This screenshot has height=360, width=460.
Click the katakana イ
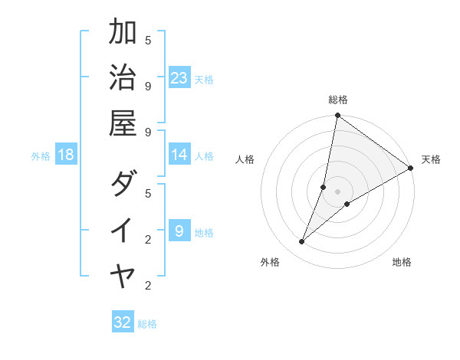(123, 230)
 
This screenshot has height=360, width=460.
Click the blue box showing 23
(179, 77)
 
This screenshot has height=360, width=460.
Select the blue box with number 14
(179, 155)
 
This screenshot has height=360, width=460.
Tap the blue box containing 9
(179, 231)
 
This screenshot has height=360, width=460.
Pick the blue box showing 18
(66, 155)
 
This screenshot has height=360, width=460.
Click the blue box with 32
(123, 322)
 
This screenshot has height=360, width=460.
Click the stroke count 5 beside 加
(148, 40)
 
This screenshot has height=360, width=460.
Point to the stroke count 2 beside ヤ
(148, 286)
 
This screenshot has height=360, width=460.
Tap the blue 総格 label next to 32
(147, 324)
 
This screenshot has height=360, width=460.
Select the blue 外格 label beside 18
(41, 156)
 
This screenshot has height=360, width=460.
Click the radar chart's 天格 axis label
(431, 159)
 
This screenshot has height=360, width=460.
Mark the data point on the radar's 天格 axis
(411, 169)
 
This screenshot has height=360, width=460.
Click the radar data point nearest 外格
(302, 242)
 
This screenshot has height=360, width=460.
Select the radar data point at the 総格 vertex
(337, 116)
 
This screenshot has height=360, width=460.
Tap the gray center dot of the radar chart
(337, 191)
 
